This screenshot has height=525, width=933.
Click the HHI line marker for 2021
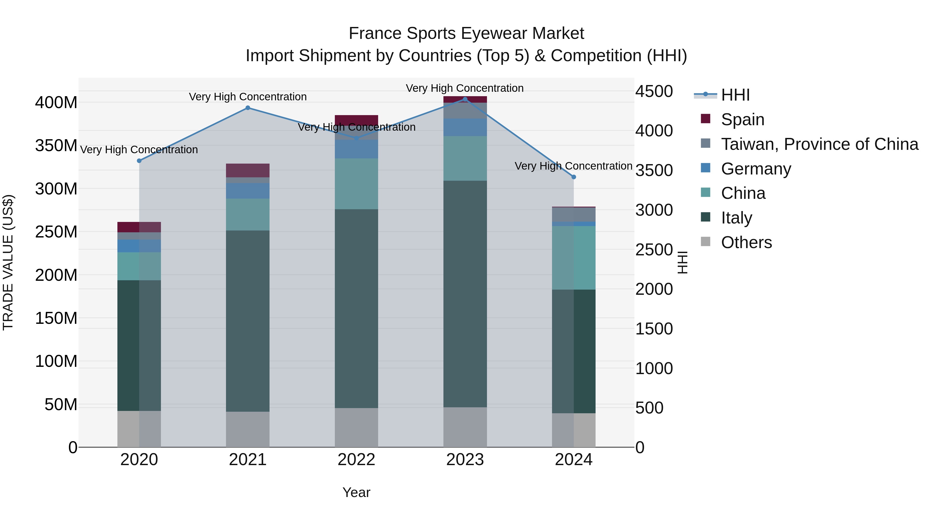click(248, 108)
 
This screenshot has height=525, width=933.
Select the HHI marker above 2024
click(574, 177)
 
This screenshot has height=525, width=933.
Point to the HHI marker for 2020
click(139, 160)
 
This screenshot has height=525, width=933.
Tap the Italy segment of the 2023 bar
click(465, 293)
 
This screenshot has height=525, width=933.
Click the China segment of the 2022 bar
click(356, 184)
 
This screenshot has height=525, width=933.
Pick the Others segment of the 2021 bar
click(248, 429)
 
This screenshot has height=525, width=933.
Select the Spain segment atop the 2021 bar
click(248, 170)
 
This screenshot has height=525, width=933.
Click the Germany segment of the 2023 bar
click(465, 127)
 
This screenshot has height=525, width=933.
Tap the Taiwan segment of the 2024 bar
click(574, 214)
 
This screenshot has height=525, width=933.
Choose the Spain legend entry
click(743, 119)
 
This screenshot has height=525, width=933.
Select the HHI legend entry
click(735, 95)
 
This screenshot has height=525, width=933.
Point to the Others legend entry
click(746, 242)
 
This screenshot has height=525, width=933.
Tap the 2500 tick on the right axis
click(654, 250)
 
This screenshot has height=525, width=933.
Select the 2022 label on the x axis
click(356, 459)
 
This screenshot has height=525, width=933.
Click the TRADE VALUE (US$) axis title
click(8, 262)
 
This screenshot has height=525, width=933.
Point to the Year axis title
click(356, 492)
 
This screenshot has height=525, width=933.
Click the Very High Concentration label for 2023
click(465, 88)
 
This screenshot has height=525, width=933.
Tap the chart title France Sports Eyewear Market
click(466, 33)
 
